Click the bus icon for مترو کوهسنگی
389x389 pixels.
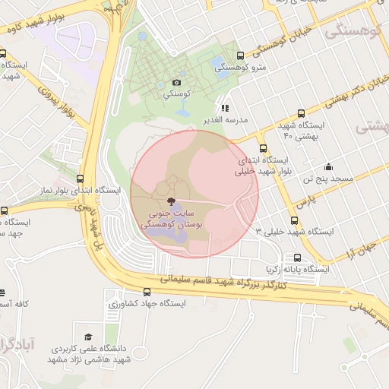pyautogui.click(x=241, y=56)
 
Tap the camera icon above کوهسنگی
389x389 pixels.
pyautogui.click(x=177, y=82)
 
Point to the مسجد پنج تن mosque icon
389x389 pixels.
pyautogui.click(x=328, y=167)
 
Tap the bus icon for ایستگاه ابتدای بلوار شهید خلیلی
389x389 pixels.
pyautogui.click(x=264, y=149)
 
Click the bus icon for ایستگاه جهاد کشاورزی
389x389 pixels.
pyautogui.click(x=147, y=292)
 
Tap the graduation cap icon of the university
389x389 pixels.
pyautogui.click(x=88, y=337)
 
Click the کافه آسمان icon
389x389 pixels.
pyautogui.click(x=2, y=293)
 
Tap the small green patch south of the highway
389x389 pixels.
pyautogui.click(x=349, y=345)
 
